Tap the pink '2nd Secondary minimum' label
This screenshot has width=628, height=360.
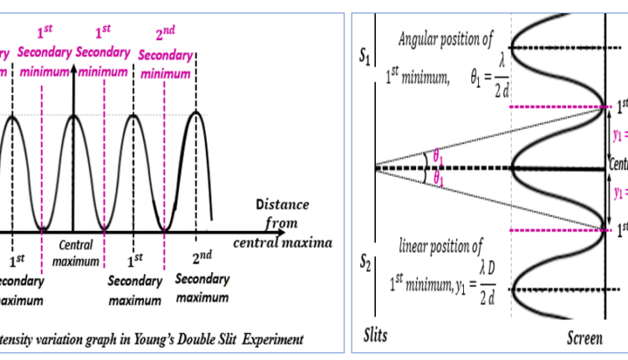(x=166, y=54)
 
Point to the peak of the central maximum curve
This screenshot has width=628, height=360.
(x=74, y=115)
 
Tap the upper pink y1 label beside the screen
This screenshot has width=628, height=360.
(x=620, y=136)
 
